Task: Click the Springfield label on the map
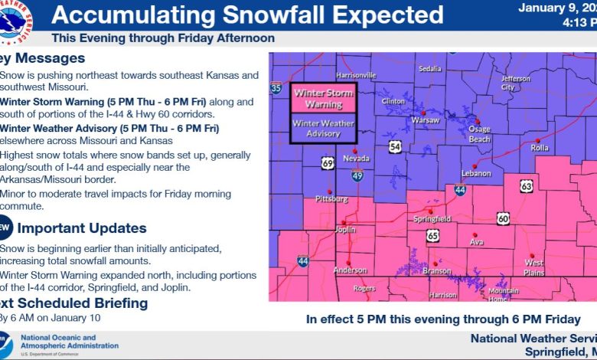433,219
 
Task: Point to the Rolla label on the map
540,148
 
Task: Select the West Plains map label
533,267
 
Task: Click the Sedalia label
430,69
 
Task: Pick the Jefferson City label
514,83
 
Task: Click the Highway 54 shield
394,146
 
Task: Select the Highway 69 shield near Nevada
328,163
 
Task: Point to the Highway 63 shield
526,185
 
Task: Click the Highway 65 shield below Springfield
432,235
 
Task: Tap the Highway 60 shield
503,218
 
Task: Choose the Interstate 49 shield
357,176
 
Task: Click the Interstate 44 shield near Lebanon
459,189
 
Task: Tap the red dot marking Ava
475,234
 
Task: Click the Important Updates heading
82,227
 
